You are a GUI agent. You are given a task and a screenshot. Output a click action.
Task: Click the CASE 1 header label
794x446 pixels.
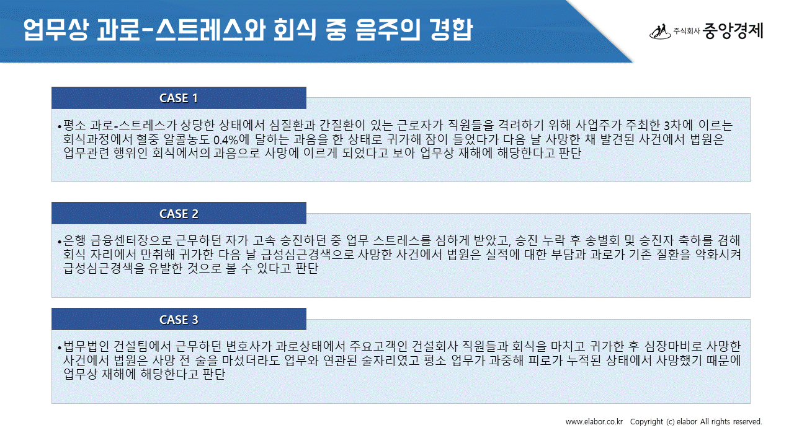pyautogui.click(x=179, y=98)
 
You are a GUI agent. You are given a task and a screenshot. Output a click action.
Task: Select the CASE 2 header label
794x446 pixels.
pyautogui.click(x=179, y=214)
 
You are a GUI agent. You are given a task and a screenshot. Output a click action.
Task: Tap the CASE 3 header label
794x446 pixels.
pyautogui.click(x=179, y=320)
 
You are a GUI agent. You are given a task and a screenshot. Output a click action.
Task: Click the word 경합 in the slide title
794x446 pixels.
pyautogui.click(x=450, y=29)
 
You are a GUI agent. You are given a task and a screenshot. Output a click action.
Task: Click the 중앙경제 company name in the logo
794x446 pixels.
pyautogui.click(x=733, y=31)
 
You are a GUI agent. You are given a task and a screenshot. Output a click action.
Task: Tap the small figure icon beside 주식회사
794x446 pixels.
pyautogui.click(x=661, y=32)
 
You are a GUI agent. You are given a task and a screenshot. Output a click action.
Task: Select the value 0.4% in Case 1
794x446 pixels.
pyautogui.click(x=226, y=140)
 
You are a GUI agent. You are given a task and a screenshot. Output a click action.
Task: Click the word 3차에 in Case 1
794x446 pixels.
pyautogui.click(x=677, y=125)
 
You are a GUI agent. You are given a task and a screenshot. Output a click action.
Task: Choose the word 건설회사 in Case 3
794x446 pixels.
pyautogui.click(x=435, y=346)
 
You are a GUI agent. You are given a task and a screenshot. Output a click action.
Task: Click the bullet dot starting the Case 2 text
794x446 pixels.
pyautogui.click(x=59, y=242)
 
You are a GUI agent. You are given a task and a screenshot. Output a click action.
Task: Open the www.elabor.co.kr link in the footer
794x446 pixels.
pyautogui.click(x=594, y=422)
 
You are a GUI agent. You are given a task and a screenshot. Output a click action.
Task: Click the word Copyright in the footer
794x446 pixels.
pyautogui.click(x=646, y=422)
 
